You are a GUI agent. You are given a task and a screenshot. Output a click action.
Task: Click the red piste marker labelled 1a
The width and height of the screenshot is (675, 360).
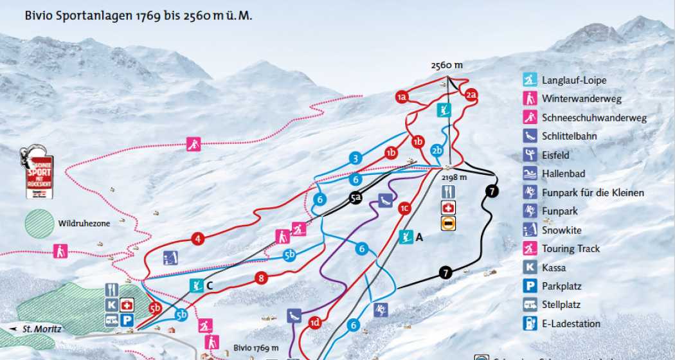pos(402,97)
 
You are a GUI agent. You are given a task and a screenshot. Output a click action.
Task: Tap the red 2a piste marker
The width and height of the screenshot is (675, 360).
pos(471,95)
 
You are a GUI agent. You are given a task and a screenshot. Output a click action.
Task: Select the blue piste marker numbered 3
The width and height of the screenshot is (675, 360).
pos(355,158)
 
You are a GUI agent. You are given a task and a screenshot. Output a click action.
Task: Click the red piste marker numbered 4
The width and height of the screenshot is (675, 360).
pos(198,239)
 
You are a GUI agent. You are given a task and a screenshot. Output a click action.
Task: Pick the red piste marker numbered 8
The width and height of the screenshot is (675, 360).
pos(260,278)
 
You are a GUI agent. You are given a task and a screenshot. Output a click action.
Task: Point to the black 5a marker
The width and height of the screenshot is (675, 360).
pos(356,198)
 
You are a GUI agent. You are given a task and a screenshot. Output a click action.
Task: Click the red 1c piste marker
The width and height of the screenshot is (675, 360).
pos(404,208)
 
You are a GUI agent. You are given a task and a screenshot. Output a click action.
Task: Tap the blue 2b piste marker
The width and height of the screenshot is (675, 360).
pos(437,151)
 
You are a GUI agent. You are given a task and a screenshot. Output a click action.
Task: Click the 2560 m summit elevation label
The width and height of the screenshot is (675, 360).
pos(447,66)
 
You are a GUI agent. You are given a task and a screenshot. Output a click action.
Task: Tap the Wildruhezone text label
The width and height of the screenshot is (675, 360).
pos(84,223)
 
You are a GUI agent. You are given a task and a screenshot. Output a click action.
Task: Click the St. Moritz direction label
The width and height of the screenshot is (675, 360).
pos(41,329)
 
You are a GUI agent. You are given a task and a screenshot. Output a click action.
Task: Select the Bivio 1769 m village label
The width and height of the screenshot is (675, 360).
pos(256,348)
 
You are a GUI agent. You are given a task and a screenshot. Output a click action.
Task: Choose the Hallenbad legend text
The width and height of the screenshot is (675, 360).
pos(563,174)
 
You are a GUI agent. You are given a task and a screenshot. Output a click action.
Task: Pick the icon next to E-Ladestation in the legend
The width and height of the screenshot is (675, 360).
pos(529,323)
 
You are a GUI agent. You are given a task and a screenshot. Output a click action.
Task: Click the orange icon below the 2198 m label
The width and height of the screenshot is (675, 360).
pos(449,223)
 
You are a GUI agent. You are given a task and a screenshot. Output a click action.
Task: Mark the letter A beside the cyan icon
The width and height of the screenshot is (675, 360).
pos(419,237)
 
